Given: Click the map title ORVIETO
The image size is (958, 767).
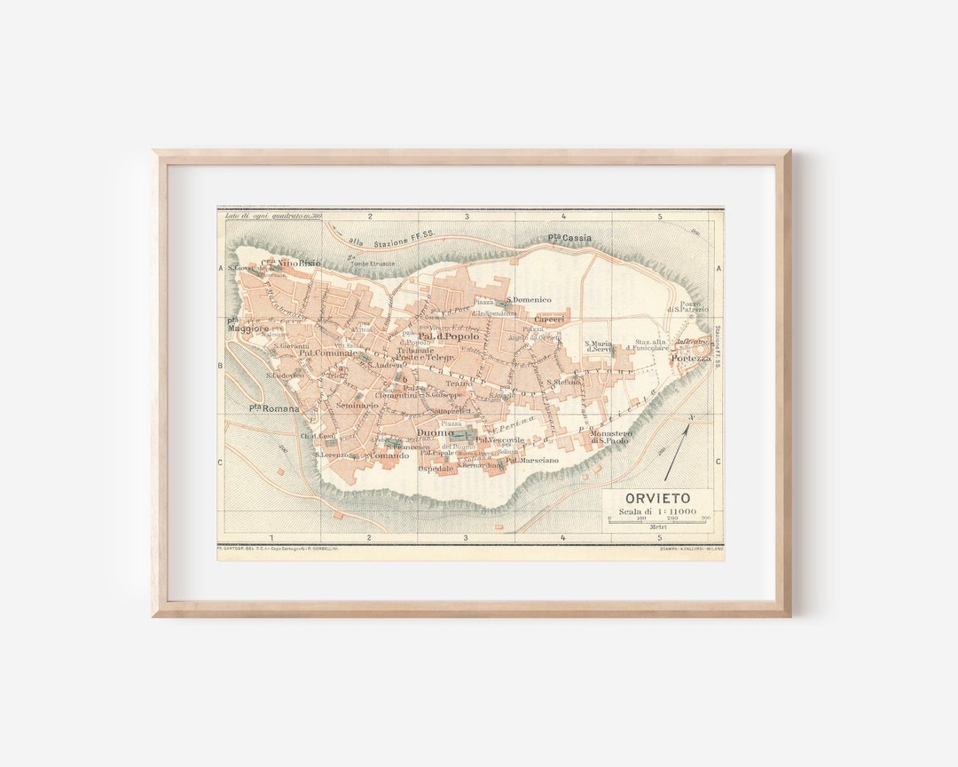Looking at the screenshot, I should pyautogui.click(x=657, y=498).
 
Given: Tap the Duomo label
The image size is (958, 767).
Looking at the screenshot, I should pyautogui.click(x=435, y=433).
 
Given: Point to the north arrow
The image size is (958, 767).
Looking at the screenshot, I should pyautogui.click(x=678, y=447).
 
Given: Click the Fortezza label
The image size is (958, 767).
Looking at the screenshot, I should pyautogui.click(x=690, y=358).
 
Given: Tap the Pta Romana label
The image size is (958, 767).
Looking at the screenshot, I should pyautogui.click(x=273, y=407).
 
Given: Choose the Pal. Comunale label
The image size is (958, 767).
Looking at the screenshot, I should pyautogui.click(x=328, y=352).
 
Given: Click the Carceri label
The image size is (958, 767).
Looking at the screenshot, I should pyautogui.click(x=548, y=320).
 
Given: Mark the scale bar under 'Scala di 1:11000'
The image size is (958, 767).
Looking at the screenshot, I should pyautogui.click(x=657, y=521).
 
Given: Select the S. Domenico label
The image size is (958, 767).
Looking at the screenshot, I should pyautogui.click(x=530, y=300).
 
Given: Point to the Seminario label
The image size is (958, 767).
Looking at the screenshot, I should pyautogui.click(x=357, y=405).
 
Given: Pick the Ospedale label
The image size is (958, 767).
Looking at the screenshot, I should pyautogui.click(x=436, y=468).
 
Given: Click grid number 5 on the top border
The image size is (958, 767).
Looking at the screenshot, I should pyautogui.click(x=659, y=216).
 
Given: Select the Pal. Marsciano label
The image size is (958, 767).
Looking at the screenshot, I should pyautogui.click(x=532, y=460).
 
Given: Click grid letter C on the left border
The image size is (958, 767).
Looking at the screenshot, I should pyautogui.click(x=222, y=462).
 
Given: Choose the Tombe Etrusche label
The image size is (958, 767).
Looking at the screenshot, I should pyautogui.click(x=373, y=264).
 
